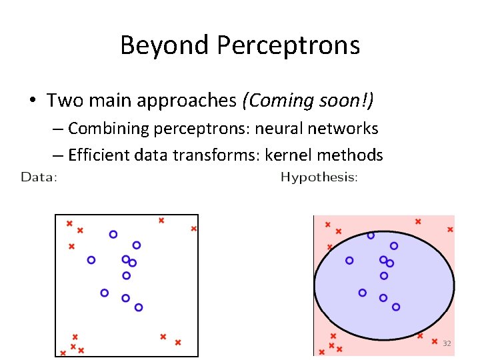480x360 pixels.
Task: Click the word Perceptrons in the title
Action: tap(287, 45)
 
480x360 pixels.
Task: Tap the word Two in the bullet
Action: tap(62, 101)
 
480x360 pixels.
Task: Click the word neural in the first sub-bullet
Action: tap(274, 128)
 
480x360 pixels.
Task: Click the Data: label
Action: tap(39, 177)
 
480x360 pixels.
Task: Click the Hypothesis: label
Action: tap(319, 177)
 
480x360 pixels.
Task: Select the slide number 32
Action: tap(447, 343)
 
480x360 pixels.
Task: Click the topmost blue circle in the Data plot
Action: tap(113, 234)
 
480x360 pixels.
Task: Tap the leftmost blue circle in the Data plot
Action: tap(91, 260)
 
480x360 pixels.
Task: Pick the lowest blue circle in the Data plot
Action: tap(139, 307)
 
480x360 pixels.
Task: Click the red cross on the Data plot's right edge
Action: tap(194, 229)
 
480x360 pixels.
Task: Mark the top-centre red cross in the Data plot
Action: tap(161, 220)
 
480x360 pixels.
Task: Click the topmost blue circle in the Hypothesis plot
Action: tap(371, 235)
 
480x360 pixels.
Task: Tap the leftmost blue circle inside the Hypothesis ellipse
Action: tap(349, 261)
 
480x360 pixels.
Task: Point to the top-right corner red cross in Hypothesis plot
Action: tap(450, 229)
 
